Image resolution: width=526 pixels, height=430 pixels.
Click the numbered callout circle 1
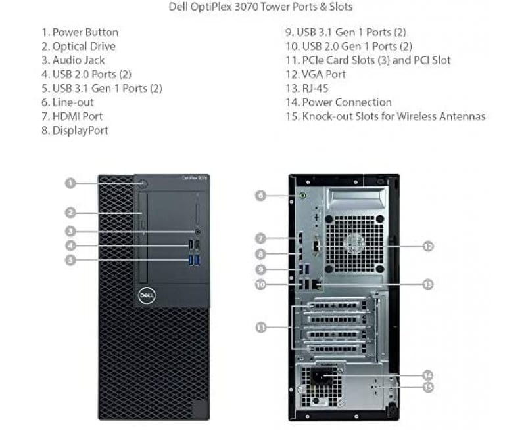coord(70,183)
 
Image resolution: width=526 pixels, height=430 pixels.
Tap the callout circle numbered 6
coord(261,195)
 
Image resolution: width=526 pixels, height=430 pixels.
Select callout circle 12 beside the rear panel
coord(428,247)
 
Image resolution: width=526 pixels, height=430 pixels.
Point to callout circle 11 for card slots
coord(261,326)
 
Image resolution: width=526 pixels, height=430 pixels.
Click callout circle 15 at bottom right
coord(428,387)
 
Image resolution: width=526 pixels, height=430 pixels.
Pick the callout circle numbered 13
coord(428,284)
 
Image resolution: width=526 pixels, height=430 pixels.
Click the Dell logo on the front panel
coord(145,295)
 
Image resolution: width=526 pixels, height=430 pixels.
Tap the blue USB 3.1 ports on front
coord(193,261)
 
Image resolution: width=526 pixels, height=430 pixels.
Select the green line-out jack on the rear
coord(303,195)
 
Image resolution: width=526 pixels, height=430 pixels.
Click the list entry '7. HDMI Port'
coord(72,116)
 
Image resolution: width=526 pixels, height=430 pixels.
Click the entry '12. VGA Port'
coord(316,74)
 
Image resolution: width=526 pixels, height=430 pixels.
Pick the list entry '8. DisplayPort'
coord(75,131)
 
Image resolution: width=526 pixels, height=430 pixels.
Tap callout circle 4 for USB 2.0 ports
coord(70,246)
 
